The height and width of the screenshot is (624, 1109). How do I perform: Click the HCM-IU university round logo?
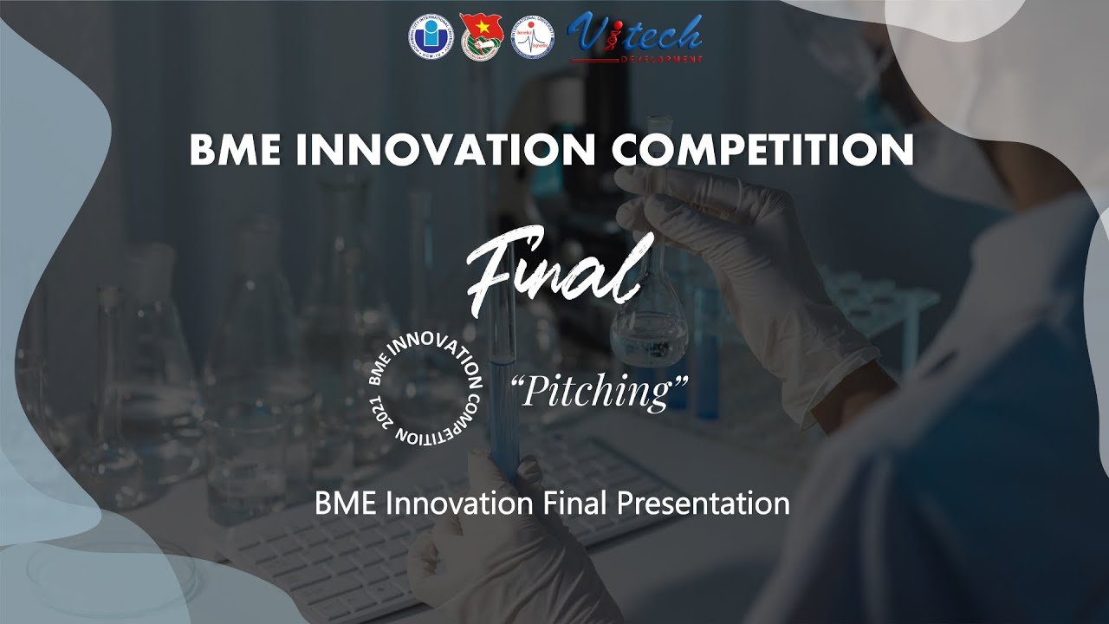click(431, 37)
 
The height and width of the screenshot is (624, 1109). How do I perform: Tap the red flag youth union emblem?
click(480, 37)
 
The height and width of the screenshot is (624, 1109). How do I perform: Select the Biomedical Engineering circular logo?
click(532, 37)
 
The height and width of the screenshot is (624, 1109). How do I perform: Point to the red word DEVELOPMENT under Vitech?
click(661, 59)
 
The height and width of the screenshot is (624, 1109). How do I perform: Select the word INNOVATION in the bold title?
click(445, 150)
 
